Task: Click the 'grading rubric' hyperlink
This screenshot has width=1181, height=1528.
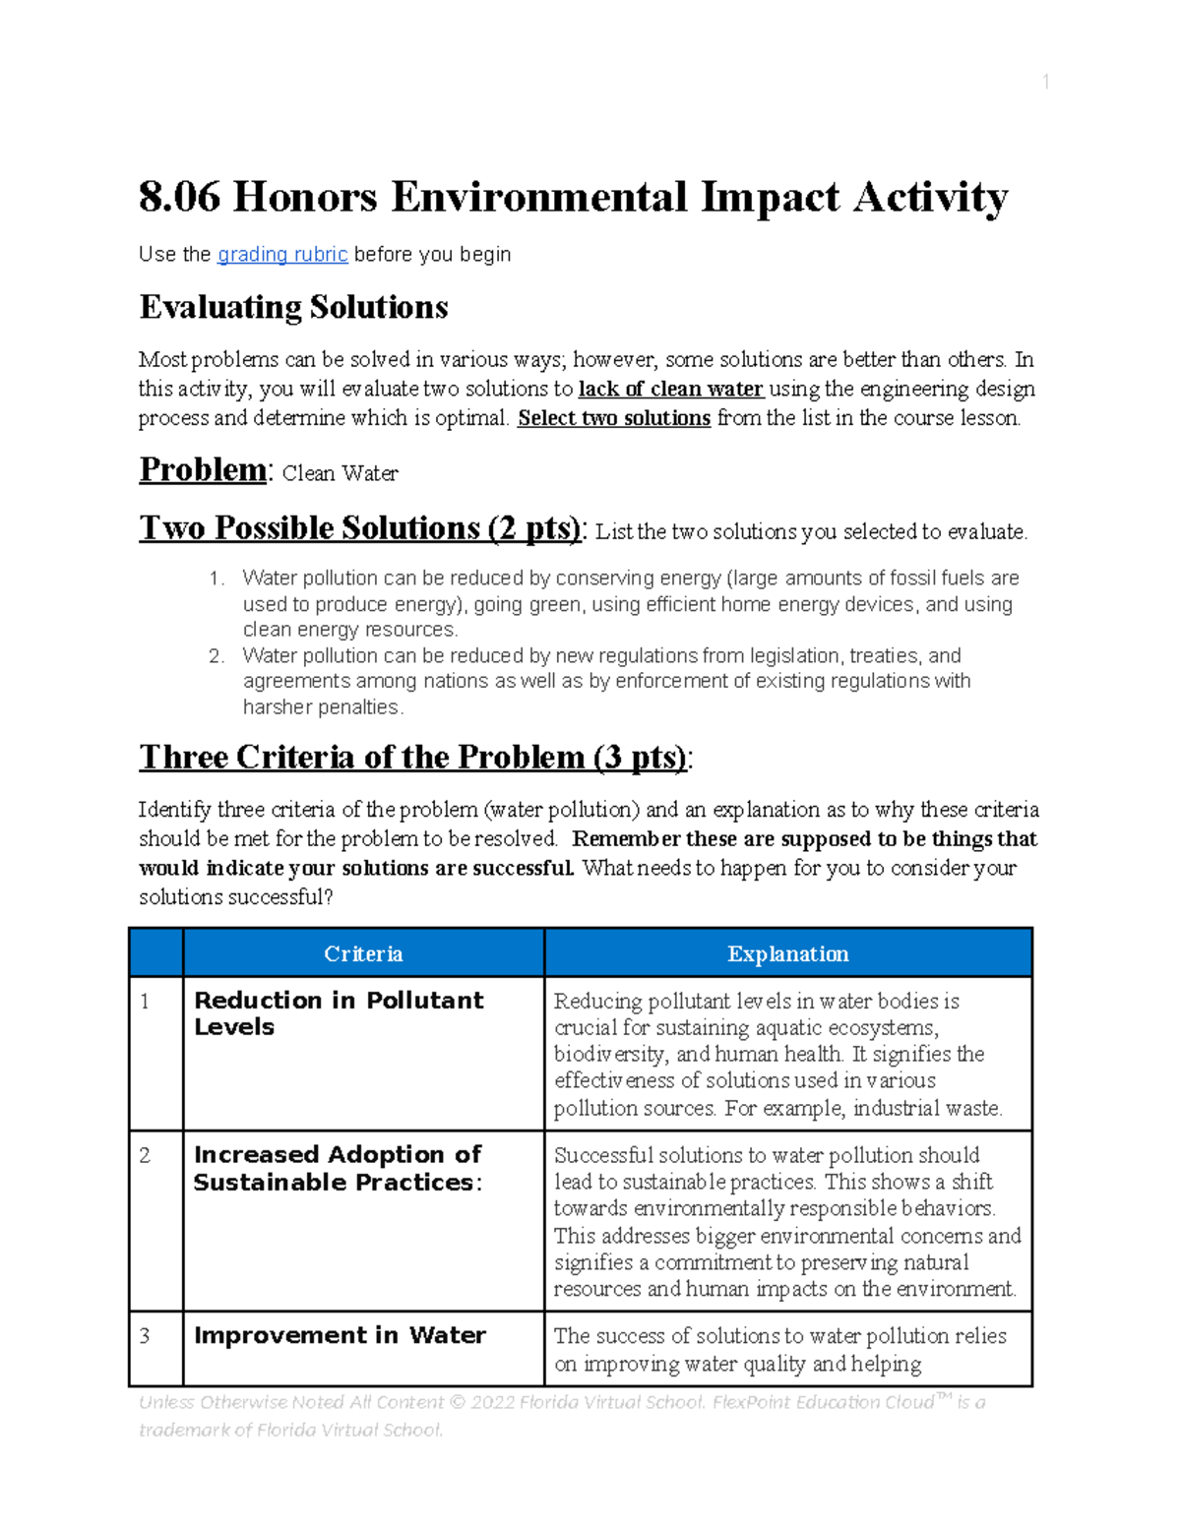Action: [282, 255]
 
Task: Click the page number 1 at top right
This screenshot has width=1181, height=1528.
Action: [1045, 83]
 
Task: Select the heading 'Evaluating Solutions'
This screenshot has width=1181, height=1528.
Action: [293, 308]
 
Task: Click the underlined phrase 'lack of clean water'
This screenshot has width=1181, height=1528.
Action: [670, 389]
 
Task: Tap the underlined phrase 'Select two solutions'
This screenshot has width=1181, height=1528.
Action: [614, 418]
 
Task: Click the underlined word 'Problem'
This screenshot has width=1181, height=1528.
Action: [202, 470]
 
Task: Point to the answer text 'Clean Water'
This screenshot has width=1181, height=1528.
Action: [340, 474]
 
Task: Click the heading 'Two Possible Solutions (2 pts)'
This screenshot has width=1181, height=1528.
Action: [360, 528]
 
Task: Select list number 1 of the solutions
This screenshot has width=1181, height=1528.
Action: [217, 579]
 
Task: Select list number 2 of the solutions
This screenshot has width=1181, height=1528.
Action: [217, 656]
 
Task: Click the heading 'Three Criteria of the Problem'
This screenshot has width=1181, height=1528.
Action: [412, 758]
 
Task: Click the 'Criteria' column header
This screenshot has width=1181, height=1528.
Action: [363, 954]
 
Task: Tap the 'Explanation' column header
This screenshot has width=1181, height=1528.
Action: [787, 954]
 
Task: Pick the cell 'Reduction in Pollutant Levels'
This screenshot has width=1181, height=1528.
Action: [339, 1013]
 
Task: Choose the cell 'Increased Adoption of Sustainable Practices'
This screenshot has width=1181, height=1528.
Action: [338, 1168]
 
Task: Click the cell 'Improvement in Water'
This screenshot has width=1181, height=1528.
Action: [340, 1336]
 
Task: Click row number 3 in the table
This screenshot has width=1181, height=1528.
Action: [145, 1336]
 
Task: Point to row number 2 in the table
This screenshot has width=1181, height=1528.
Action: [145, 1155]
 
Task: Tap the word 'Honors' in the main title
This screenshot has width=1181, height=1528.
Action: [304, 198]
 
